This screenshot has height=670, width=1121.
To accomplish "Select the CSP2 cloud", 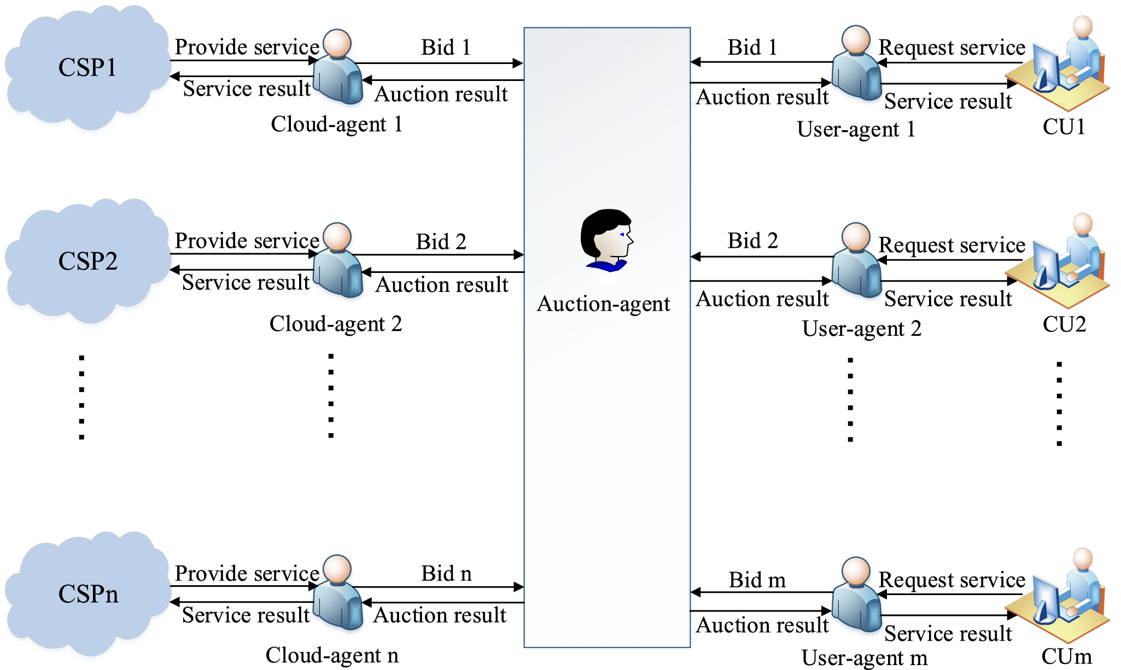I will (87, 261).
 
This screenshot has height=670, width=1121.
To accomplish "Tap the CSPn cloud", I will (87, 594).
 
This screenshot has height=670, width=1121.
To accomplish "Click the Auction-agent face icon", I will (606, 241).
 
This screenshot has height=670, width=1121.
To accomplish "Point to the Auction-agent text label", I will (604, 304).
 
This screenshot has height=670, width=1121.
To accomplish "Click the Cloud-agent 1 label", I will (337, 125).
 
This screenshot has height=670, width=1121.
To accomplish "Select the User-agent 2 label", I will (862, 329).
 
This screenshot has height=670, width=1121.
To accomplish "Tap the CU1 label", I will (1064, 127).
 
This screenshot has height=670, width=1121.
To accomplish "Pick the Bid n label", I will (446, 574).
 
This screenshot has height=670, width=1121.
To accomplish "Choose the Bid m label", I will (757, 580).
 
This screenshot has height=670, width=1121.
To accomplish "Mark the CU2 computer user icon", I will (1066, 261).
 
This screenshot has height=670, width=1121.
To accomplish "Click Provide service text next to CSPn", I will (247, 574).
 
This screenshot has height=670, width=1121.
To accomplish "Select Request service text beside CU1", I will (951, 48).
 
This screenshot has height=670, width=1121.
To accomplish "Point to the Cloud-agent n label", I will (332, 655).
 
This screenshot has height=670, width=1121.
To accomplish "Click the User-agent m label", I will (865, 658).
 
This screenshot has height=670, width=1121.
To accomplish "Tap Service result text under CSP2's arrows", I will (246, 283).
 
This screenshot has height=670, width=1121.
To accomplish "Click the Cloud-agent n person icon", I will (338, 593).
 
